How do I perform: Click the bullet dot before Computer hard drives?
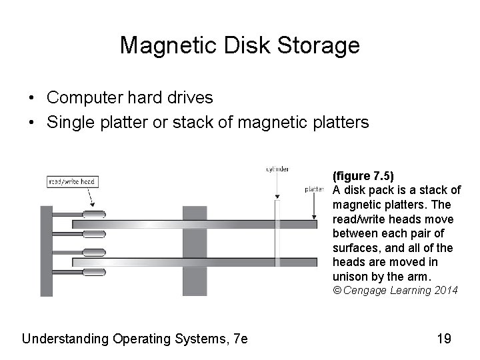(x=31, y=99)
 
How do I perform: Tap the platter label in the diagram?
(x=314, y=189)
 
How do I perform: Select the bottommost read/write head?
(x=94, y=272)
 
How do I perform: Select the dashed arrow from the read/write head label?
(x=90, y=197)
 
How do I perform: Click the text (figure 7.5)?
(x=363, y=177)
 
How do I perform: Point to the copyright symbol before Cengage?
(x=337, y=290)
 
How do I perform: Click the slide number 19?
(x=444, y=339)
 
